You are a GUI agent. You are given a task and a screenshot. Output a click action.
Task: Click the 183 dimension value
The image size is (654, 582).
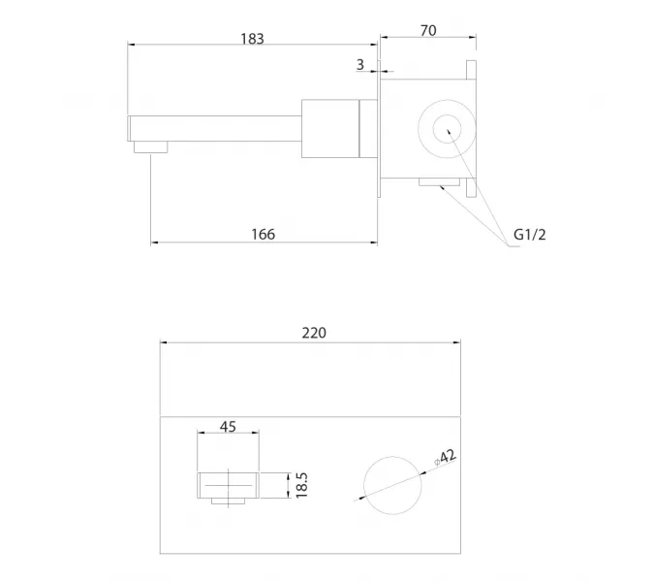point(252,39)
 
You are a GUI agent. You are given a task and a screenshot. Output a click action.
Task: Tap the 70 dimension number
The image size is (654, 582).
point(428,30)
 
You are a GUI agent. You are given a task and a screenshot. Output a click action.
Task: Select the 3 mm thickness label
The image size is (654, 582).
point(360,64)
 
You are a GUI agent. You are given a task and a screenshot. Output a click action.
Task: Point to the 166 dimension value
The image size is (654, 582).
point(264,234)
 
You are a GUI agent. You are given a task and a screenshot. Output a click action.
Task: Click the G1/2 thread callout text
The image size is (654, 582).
point(529,235)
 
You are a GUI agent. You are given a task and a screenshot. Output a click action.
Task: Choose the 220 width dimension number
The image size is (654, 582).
point(314,333)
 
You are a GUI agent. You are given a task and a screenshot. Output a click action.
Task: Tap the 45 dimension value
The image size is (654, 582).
point(228,427)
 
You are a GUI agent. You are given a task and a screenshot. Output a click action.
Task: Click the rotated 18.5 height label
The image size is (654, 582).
point(301,485)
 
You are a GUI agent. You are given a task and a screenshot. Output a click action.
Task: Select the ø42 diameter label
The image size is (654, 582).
point(445,457)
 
